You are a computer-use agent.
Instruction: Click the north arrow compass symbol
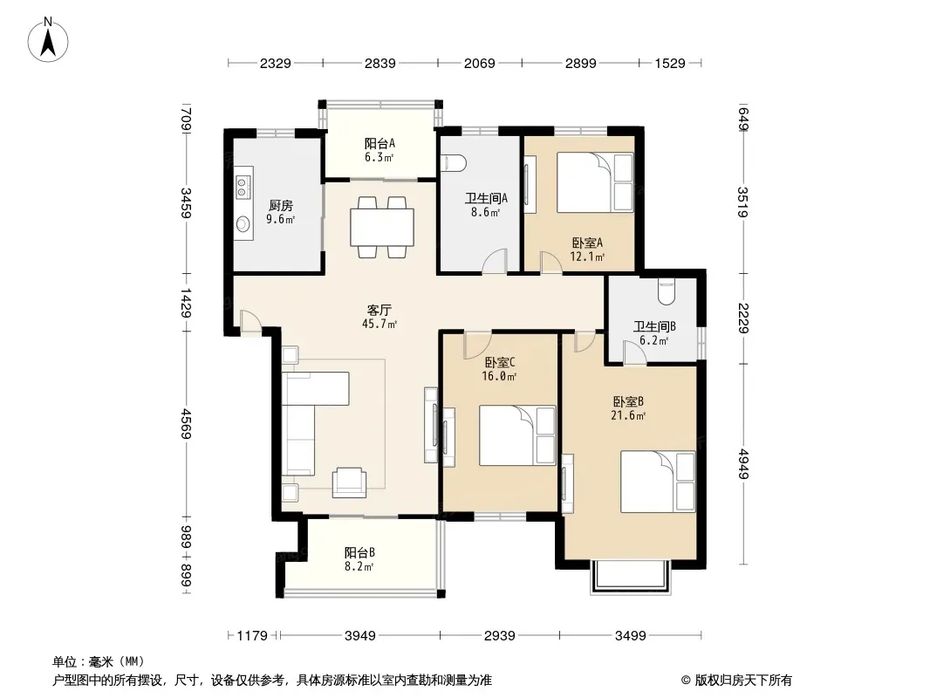pos(48,40)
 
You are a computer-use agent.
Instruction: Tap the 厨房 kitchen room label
pos(281,206)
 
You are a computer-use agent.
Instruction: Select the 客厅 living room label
pos(379,310)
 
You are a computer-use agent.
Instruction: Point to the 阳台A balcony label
pos(380,143)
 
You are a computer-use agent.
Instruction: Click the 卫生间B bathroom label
pos(654,327)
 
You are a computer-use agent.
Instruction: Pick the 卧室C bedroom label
pos(499,362)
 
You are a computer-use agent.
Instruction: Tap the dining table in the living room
pos(382,227)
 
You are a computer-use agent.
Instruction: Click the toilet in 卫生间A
pos(455,162)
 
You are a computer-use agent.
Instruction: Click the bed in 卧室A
pos(595,182)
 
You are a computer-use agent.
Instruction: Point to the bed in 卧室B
pos(658,482)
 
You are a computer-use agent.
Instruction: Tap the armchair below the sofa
pos(349,482)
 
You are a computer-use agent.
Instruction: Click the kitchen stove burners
pos(242,186)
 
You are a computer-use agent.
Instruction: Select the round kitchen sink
pos(243,223)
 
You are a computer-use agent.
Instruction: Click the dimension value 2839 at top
pos(380,63)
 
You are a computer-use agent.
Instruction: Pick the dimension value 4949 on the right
pos(742,464)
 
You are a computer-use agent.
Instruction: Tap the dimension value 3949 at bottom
pos(360,636)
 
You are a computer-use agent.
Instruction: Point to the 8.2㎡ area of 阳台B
pos(359,566)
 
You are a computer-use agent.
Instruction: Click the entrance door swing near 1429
pos(250,320)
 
